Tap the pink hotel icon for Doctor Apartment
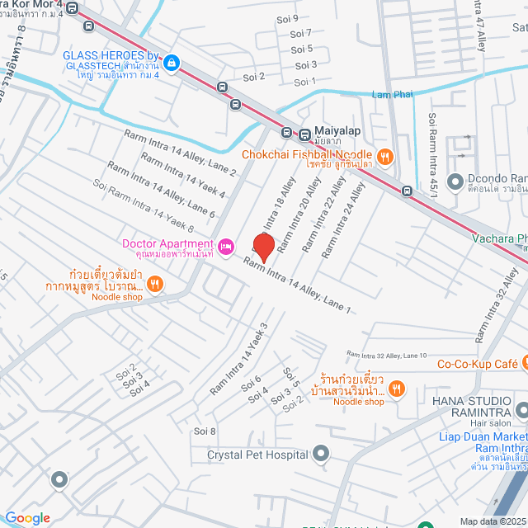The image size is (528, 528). (x=225, y=244)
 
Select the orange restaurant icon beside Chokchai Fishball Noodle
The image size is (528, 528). (x=383, y=155)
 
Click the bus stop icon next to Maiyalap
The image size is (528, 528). (x=287, y=132)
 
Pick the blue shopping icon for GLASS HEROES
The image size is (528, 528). (x=171, y=62)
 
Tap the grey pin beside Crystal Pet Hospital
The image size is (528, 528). (x=321, y=454)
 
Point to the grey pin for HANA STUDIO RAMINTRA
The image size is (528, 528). (x=521, y=409)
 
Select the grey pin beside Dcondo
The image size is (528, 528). (x=454, y=180)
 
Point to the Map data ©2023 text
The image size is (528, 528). (x=493, y=521)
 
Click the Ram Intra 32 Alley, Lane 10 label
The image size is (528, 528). (x=387, y=355)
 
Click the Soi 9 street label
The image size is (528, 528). (x=288, y=17)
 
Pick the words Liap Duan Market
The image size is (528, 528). (x=483, y=436)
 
